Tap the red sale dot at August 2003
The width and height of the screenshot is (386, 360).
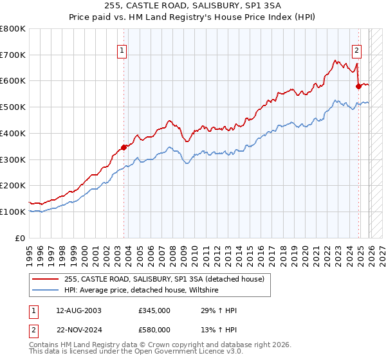coord(124,147)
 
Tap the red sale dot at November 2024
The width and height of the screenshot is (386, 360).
coord(358,85)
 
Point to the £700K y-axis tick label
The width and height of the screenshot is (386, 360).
coord(13,55)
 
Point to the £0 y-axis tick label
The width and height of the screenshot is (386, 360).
coord(20,238)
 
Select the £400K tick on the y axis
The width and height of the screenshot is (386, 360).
coord(13,133)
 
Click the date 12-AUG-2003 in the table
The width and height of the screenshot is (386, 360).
coord(78,310)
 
